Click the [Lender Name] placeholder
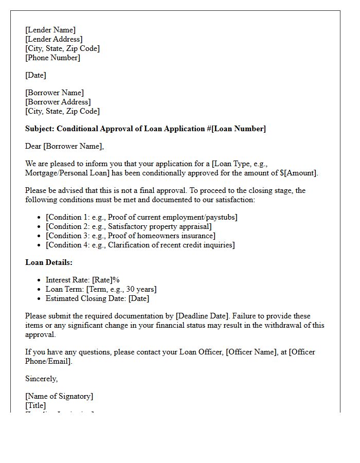point(50,30)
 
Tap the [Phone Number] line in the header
point(52,58)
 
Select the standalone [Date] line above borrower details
point(35,75)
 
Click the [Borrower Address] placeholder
point(58,102)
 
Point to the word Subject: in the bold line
point(40,129)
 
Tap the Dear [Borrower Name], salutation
point(64,146)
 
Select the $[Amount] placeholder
point(299,173)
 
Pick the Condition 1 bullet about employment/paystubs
point(141,217)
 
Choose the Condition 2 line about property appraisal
point(129,226)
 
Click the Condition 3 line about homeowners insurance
point(131,236)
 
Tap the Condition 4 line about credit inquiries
point(140,245)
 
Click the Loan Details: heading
point(49,262)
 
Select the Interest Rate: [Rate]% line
point(82,280)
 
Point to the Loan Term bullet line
point(101,289)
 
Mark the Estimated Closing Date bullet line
point(97,298)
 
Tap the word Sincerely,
point(42,379)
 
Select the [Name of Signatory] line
point(59,396)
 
